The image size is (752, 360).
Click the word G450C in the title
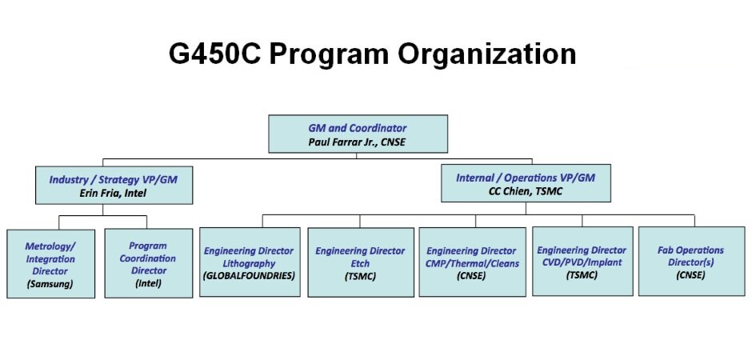215,54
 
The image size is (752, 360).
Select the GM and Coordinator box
358,134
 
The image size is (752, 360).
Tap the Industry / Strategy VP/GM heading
113,180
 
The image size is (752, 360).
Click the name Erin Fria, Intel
113,194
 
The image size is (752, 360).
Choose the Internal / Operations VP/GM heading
525,178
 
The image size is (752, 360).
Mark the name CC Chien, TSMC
525,191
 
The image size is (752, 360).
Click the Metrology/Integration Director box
51,264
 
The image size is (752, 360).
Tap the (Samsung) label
50,284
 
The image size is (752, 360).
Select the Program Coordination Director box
149,263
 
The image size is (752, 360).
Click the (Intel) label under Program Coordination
148,283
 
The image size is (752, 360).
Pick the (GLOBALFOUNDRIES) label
249,276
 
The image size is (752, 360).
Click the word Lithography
249,264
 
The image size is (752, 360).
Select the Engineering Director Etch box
361,262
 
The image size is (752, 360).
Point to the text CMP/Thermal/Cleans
472,263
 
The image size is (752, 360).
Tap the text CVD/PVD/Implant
582,262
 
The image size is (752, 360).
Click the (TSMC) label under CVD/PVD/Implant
582,275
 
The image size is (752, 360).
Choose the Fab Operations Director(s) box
691,262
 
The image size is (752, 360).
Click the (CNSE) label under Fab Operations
690,275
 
